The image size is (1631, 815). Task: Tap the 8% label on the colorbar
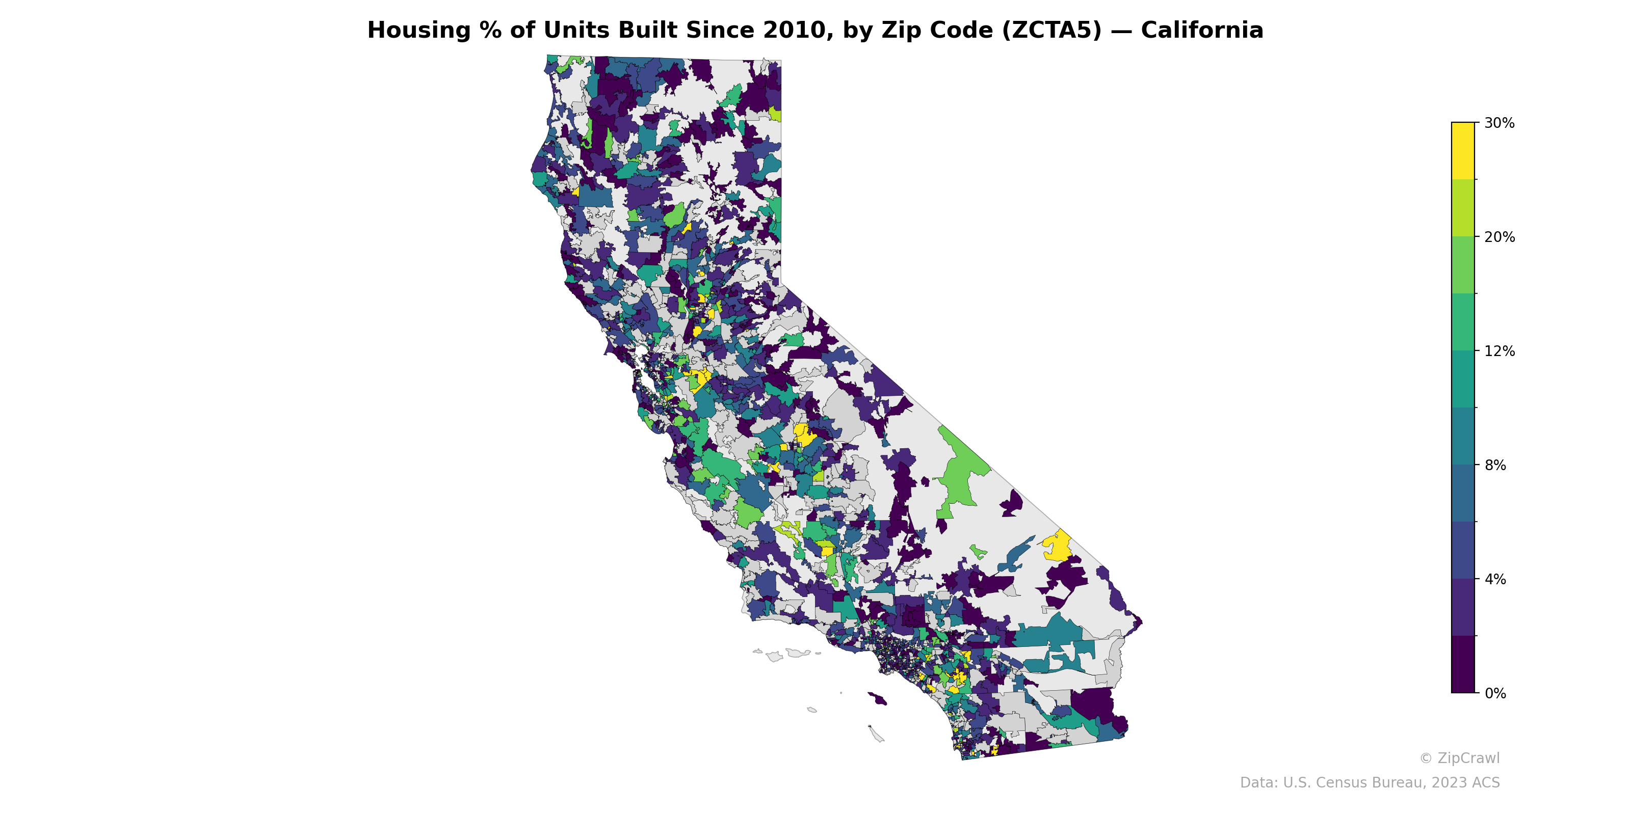point(1495,465)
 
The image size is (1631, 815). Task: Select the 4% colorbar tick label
point(1495,579)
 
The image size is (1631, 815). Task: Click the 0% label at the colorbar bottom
point(1495,693)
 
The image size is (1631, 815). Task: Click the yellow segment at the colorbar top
point(1463,151)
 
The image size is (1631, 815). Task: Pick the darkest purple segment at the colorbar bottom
point(1463,664)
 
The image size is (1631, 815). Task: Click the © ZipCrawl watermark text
point(1459,758)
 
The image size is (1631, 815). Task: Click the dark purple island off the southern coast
point(877,698)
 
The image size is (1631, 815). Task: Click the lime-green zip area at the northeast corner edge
point(776,115)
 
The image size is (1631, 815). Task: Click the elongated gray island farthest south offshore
point(876,734)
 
